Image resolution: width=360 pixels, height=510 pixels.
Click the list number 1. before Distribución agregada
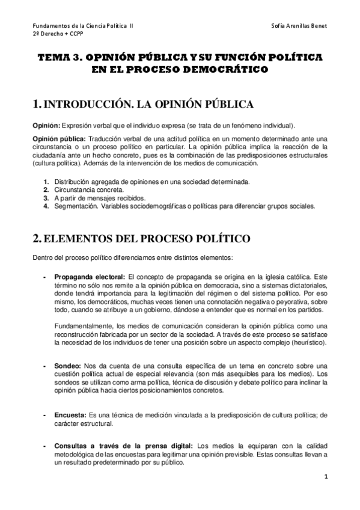tap(46, 182)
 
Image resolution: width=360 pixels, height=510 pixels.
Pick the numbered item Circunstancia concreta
tap(81, 190)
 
